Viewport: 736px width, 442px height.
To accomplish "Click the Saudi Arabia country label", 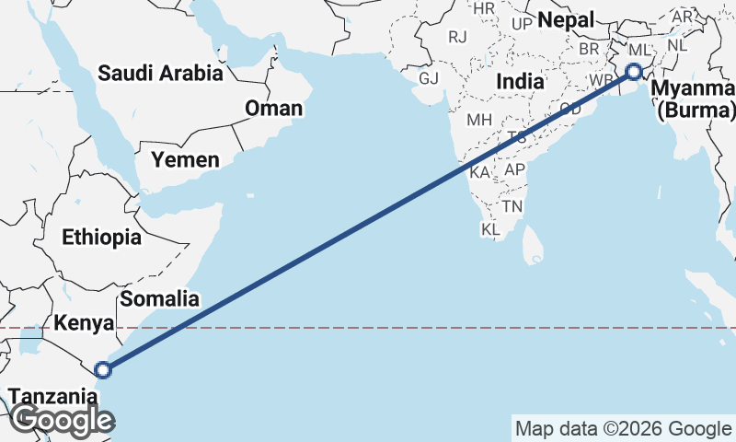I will click(161, 73).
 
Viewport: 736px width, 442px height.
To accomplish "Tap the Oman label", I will click(273, 109).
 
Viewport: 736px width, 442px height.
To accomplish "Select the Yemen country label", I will click(185, 160).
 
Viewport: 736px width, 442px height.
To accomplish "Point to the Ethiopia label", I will click(102, 238).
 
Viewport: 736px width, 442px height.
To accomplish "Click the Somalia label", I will click(159, 298).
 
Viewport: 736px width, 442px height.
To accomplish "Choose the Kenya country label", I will click(84, 323).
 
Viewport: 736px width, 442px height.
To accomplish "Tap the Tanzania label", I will click(52, 398).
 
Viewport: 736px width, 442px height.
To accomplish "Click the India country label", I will click(520, 82).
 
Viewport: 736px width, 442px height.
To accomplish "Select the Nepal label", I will click(564, 20).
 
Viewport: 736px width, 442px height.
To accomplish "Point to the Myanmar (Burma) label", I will click(695, 99).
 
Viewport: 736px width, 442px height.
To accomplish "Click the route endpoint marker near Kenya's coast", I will click(103, 370).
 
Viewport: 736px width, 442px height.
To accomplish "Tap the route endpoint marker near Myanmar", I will click(634, 72).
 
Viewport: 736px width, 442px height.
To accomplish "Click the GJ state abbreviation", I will click(429, 77).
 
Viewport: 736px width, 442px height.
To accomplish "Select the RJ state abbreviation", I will click(457, 37).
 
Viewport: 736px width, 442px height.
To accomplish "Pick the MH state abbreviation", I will click(479, 120).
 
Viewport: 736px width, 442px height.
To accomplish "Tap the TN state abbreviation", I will click(512, 206).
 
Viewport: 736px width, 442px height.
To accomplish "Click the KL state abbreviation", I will click(490, 228).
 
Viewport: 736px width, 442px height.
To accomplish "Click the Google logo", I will click(63, 420).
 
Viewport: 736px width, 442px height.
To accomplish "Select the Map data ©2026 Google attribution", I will click(622, 428).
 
